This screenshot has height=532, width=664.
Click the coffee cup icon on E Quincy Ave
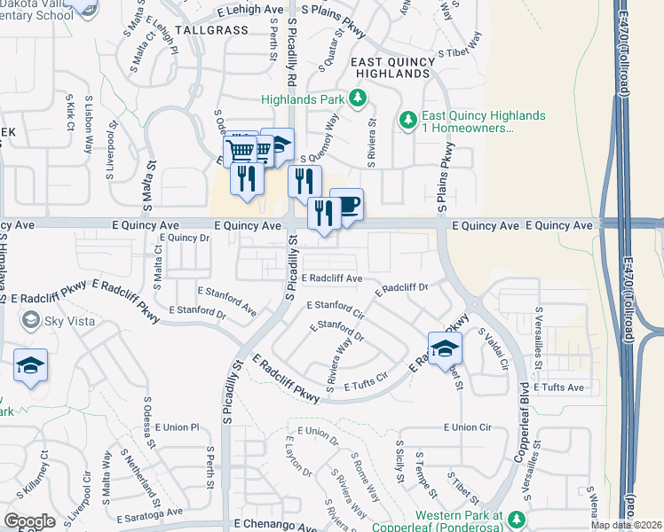coord(347,205)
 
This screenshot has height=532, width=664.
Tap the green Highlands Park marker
coord(358,98)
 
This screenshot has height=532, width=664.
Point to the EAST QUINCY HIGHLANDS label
coord(393,68)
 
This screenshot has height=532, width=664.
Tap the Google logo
coord(29,521)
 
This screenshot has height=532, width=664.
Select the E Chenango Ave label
coord(274,525)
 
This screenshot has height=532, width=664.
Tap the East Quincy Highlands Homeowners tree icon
coord(408,118)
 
